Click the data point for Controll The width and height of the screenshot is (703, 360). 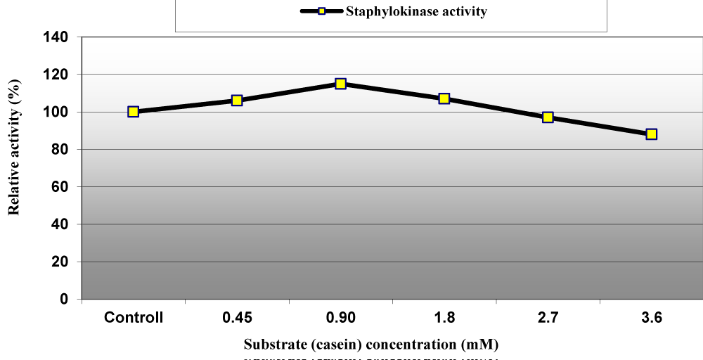[134, 112]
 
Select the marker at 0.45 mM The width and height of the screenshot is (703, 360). [237, 101]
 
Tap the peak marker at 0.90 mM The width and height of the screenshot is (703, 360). [340, 84]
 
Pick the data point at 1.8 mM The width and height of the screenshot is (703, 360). [444, 98]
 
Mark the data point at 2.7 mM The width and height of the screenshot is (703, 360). [548, 117]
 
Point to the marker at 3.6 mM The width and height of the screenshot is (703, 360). [652, 134]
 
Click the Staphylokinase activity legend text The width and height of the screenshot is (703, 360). [416, 12]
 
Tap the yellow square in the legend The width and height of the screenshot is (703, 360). [321, 12]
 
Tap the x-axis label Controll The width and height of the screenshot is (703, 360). [134, 318]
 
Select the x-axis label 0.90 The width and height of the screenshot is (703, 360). [340, 318]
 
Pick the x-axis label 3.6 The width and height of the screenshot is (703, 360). [652, 318]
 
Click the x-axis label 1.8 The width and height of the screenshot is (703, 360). [444, 318]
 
